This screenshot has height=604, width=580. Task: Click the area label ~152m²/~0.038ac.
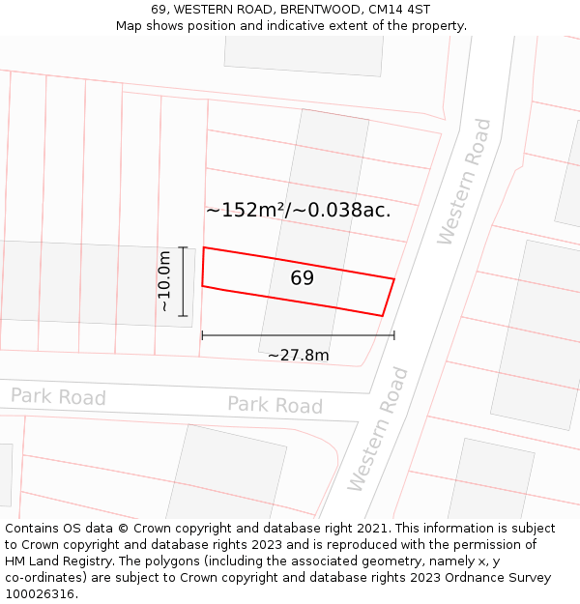click(x=299, y=210)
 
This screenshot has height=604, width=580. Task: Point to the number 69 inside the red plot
click(x=302, y=278)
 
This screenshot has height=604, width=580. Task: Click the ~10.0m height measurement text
click(x=164, y=280)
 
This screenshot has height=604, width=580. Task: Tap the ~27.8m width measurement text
click(x=298, y=355)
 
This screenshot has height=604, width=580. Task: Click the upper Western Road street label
click(x=465, y=182)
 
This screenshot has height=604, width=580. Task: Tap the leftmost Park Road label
click(x=58, y=396)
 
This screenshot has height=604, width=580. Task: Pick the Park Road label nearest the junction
click(x=275, y=405)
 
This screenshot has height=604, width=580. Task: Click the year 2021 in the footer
click(x=372, y=529)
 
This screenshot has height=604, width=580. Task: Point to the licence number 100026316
click(x=39, y=594)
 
